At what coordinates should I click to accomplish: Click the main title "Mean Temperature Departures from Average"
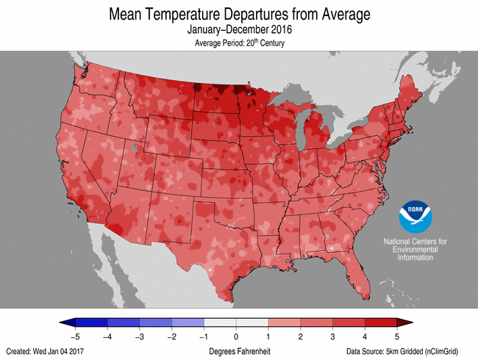239,14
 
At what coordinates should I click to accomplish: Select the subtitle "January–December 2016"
239,30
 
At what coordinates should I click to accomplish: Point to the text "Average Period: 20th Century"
239,43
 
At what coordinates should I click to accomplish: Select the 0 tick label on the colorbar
236,336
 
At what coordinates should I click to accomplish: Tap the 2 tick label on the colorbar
301,336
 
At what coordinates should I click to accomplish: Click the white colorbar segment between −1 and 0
220,323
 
